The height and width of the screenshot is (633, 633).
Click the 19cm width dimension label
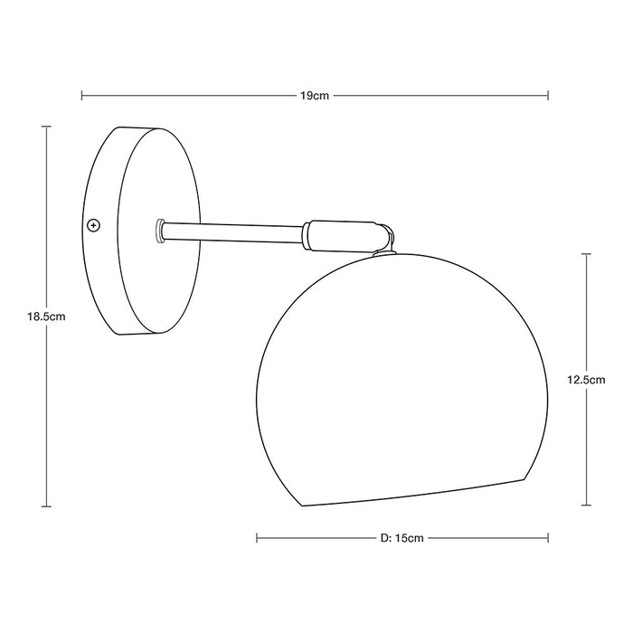[x=315, y=95]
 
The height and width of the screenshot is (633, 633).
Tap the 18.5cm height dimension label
[x=45, y=316]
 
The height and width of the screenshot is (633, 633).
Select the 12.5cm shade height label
[x=588, y=381]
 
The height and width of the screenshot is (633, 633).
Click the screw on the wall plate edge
[x=92, y=223]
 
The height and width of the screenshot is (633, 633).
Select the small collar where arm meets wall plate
[x=160, y=230]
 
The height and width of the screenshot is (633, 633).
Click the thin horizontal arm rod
[x=233, y=231]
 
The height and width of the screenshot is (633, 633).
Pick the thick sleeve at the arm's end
[x=339, y=233]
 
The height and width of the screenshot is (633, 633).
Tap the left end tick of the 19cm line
[x=82, y=95]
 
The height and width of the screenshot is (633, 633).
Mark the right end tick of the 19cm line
[x=549, y=95]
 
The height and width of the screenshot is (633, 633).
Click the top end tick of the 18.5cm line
[x=45, y=127]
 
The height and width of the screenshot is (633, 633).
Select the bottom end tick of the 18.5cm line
[x=45, y=506]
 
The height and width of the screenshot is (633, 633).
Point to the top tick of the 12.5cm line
[x=588, y=255]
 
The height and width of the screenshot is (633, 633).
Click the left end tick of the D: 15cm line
[x=258, y=538]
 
